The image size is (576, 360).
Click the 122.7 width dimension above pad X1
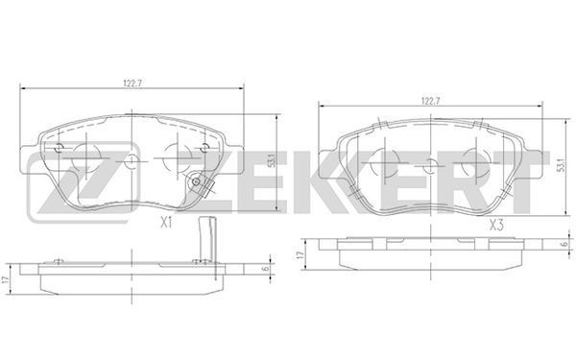pyautogui.click(x=132, y=84)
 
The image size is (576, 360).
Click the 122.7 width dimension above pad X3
pyautogui.click(x=430, y=102)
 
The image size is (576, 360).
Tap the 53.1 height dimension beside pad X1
pyautogui.click(x=272, y=161)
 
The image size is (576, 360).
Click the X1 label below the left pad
pyautogui.click(x=166, y=223)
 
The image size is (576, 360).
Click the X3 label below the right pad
pyautogui.click(x=496, y=226)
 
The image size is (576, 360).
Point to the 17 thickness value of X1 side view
pyautogui.click(x=5, y=279)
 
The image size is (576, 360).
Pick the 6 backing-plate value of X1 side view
pyautogui.click(x=266, y=269)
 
